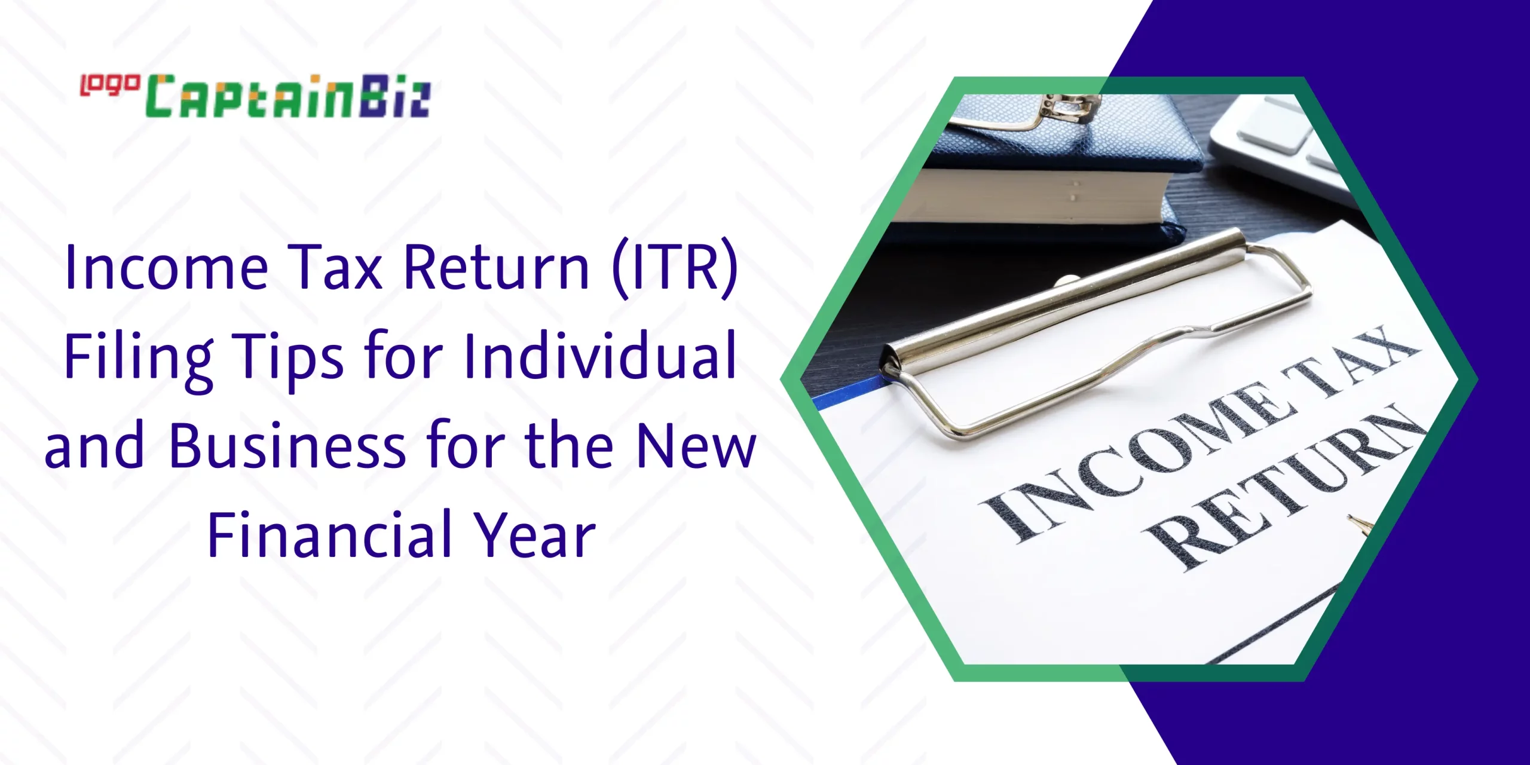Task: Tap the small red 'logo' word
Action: pyautogui.click(x=110, y=85)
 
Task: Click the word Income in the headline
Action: pyautogui.click(x=167, y=267)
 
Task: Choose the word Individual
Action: pyautogui.click(x=599, y=356)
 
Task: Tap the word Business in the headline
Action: pyautogui.click(x=287, y=445)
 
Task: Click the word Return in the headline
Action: pyautogui.click(x=497, y=267)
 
